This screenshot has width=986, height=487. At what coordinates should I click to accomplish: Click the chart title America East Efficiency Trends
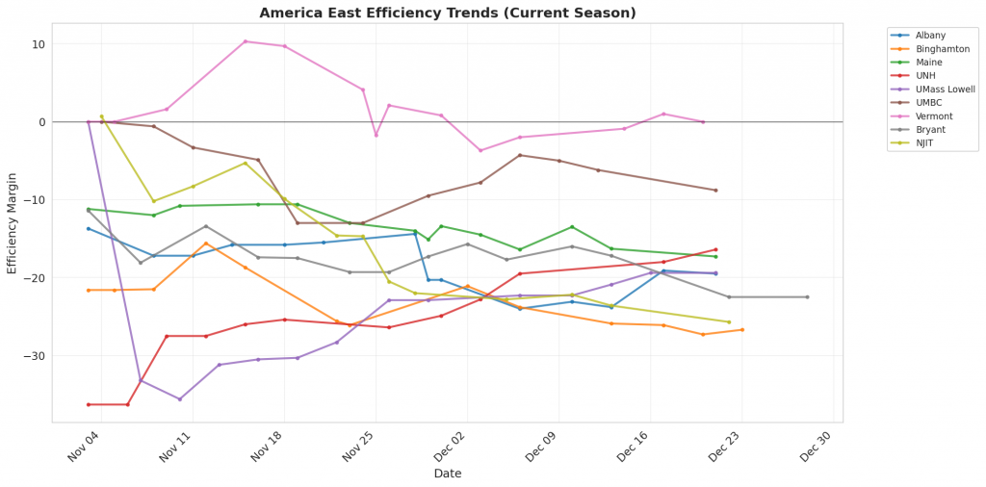point(448,13)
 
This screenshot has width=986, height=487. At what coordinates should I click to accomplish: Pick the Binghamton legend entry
point(942,48)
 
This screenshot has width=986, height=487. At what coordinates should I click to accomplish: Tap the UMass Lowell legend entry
point(945,89)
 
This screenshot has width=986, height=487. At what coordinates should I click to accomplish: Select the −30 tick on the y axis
point(35,356)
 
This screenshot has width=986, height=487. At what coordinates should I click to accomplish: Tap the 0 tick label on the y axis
point(42,122)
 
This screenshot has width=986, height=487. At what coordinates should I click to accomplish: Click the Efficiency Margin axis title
point(13,222)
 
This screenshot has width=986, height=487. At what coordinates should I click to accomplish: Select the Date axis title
point(448,474)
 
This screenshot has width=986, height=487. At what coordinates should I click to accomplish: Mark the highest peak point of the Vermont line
point(246,41)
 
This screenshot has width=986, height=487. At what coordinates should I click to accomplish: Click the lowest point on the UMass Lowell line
point(179,398)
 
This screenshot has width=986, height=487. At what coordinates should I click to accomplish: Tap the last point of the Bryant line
point(807,296)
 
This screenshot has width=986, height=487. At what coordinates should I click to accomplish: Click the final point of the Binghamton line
point(741,329)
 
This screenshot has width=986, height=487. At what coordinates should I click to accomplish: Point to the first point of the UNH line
point(89,404)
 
